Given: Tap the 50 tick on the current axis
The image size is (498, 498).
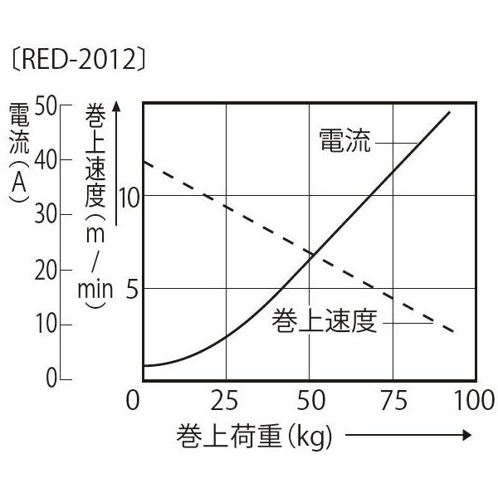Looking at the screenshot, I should coord(47,105).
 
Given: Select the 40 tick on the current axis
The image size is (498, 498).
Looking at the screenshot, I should coord(47,160).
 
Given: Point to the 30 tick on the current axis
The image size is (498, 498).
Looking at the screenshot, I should coord(47,215).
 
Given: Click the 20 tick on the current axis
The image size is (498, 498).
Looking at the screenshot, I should coord(47,270).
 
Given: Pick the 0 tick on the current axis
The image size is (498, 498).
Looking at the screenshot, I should coord(51,379).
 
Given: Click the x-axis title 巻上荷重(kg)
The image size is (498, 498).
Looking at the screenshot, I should coord(254,436).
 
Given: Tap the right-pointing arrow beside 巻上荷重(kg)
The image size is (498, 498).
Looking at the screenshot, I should coord(408,436).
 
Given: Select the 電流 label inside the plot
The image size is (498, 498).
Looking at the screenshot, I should coord(344,142).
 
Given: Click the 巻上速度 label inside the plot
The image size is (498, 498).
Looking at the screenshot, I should coord(325,321).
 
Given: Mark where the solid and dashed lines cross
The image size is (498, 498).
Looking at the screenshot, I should coord(310,255).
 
